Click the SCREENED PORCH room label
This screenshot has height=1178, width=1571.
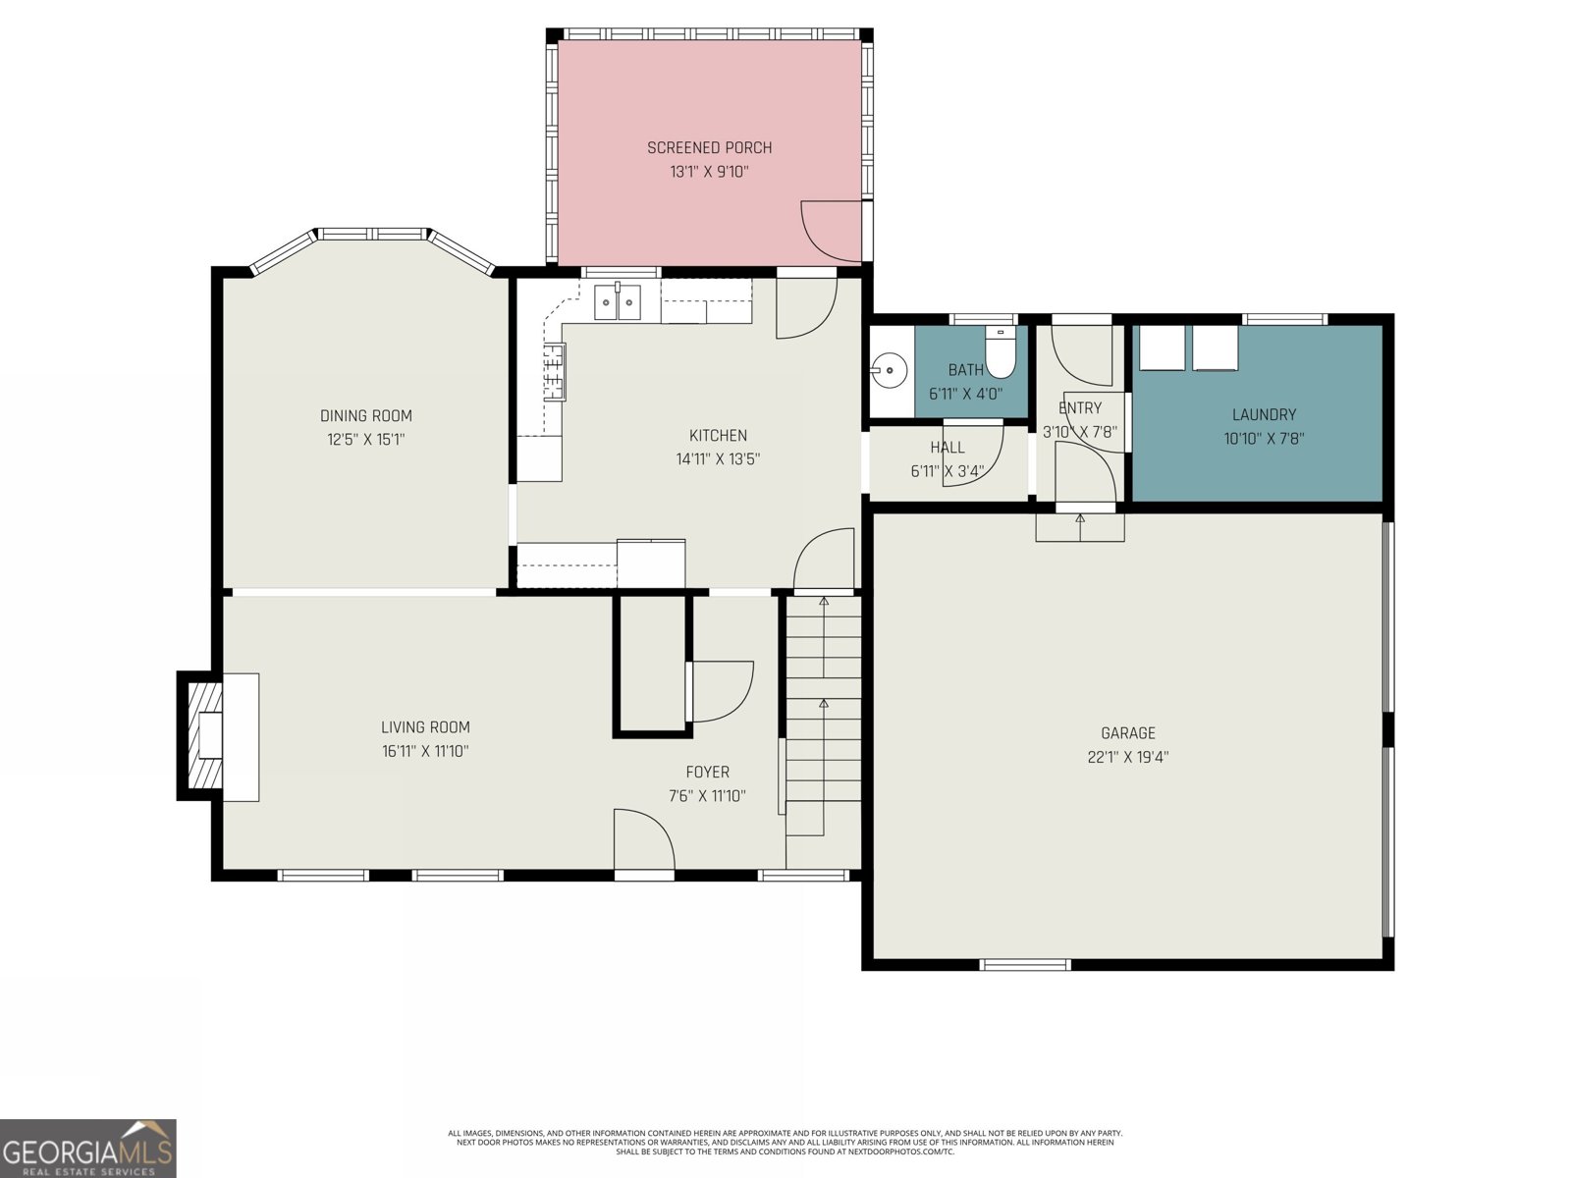(709, 148)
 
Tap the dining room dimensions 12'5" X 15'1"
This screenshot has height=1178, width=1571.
(365, 440)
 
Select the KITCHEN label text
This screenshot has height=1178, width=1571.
(718, 436)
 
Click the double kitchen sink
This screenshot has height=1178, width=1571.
(618, 303)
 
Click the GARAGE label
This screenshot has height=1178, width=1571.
(1127, 733)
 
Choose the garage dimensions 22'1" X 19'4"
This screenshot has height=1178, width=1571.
(1127, 757)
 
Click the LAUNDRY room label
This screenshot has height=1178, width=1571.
(1264, 415)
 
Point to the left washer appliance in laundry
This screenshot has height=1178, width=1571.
(1162, 349)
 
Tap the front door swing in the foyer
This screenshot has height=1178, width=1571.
(643, 840)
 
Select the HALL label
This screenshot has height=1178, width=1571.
(947, 448)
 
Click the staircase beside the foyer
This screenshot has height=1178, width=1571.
(823, 717)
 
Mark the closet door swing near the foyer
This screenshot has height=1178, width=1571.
(722, 691)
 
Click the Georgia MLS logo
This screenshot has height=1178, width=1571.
(87, 1149)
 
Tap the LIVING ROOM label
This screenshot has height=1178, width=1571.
(425, 727)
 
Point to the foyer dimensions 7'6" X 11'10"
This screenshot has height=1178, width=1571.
(707, 796)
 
